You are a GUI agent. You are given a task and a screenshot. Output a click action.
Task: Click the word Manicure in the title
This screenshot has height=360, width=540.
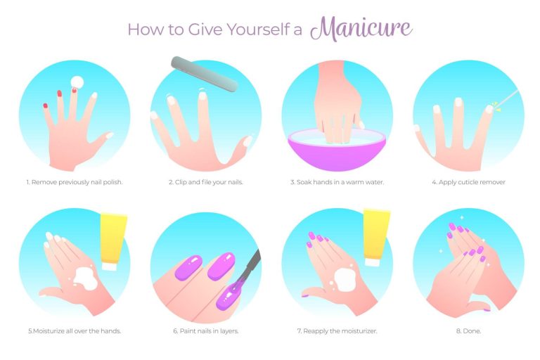click(361, 29)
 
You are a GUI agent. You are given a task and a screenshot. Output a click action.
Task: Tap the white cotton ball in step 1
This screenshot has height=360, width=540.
click(77, 83)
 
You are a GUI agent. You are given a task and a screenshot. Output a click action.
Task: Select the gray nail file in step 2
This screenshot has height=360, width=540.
click(205, 74)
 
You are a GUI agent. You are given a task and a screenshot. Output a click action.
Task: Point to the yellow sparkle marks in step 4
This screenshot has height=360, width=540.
click(495, 106)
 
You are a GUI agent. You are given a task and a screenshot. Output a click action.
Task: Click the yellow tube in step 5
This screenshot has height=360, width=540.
click(113, 242)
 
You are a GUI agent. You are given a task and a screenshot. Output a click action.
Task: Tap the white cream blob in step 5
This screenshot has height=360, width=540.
click(85, 278)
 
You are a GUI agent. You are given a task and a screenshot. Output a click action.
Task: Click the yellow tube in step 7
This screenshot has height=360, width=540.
click(376, 238)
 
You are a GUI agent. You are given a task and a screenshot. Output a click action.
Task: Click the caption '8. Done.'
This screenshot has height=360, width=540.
click(468, 331)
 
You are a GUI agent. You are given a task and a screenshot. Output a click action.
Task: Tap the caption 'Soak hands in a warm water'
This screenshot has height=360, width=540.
click(340, 182)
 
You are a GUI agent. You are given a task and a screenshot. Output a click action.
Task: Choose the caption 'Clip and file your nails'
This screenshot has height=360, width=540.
click(208, 182)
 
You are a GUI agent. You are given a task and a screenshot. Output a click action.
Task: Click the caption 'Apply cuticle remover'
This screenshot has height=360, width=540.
click(472, 182)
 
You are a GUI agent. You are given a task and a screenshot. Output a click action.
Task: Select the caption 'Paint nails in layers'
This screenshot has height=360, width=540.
click(209, 331)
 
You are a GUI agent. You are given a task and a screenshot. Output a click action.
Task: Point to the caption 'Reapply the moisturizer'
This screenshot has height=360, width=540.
click(340, 331)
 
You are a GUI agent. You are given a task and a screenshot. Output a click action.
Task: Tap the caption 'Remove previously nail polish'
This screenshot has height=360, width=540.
click(77, 182)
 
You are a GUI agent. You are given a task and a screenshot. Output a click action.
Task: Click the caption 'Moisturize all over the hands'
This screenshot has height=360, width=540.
click(77, 331)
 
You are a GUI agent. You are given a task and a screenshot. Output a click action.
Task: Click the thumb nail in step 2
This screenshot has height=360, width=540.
click(247, 141)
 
